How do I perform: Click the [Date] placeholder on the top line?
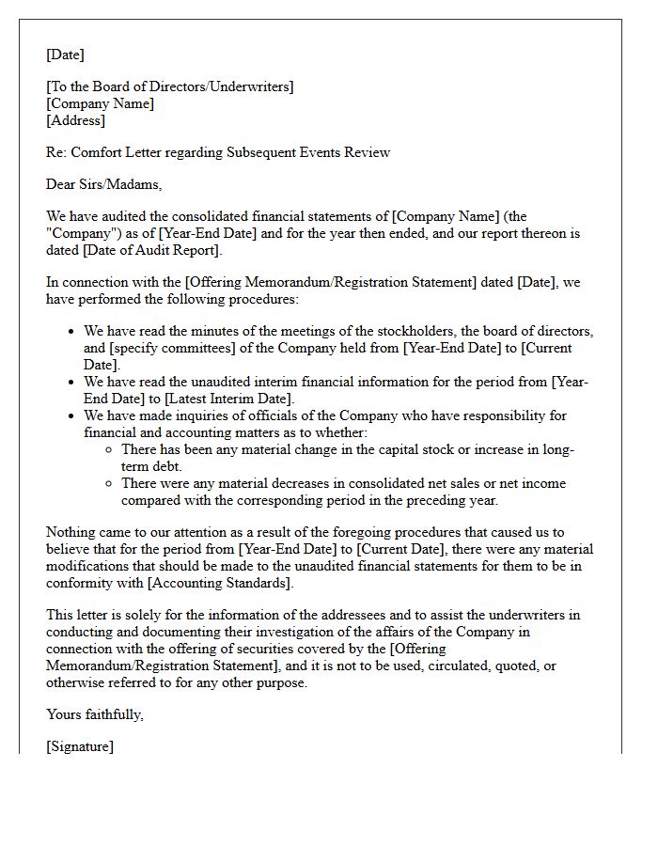coord(66,55)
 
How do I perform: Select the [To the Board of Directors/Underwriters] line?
coord(170,86)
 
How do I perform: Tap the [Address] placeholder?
coord(76,120)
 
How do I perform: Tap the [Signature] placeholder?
coord(80,746)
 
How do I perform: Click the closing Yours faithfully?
coord(95,714)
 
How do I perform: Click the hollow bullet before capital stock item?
coord(110,450)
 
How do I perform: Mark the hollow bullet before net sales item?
coord(110,484)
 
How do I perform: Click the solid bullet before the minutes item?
coord(72,332)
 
